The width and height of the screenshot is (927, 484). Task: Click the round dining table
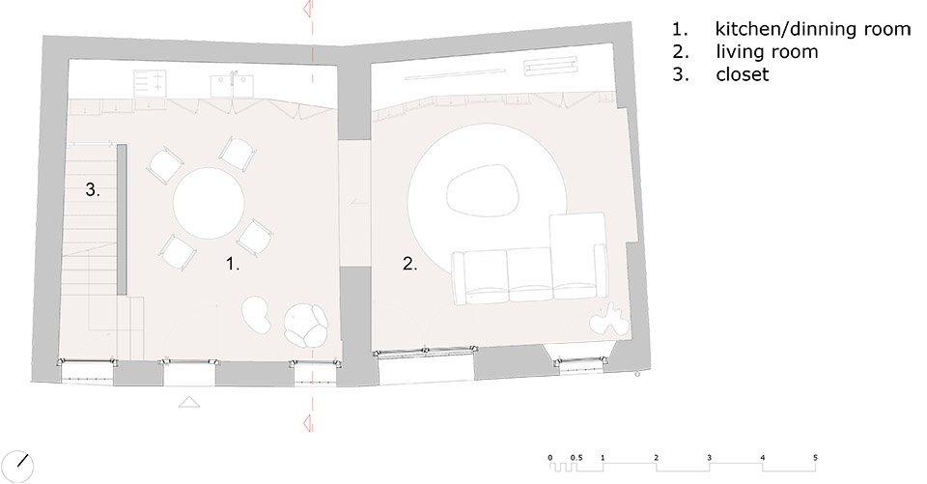click(x=209, y=203)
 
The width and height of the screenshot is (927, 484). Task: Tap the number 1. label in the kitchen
click(x=233, y=264)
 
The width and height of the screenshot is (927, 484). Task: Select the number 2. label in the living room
click(x=409, y=264)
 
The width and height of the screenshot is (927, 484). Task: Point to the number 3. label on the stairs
click(x=93, y=190)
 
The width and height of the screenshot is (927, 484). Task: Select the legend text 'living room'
click(x=767, y=52)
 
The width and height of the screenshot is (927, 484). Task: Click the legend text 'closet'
click(x=742, y=74)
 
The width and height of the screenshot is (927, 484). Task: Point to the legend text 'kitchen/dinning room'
click(x=813, y=28)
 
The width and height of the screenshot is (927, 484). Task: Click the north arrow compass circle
click(x=17, y=467)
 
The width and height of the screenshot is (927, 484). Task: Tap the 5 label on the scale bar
click(x=815, y=457)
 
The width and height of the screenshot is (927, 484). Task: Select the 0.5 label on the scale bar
click(x=576, y=457)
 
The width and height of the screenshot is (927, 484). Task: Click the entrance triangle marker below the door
click(x=189, y=402)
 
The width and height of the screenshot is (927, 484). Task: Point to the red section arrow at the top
click(x=307, y=9)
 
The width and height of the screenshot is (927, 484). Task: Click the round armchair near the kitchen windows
click(x=306, y=325)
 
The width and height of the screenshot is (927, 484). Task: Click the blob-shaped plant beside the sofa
click(x=607, y=319)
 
